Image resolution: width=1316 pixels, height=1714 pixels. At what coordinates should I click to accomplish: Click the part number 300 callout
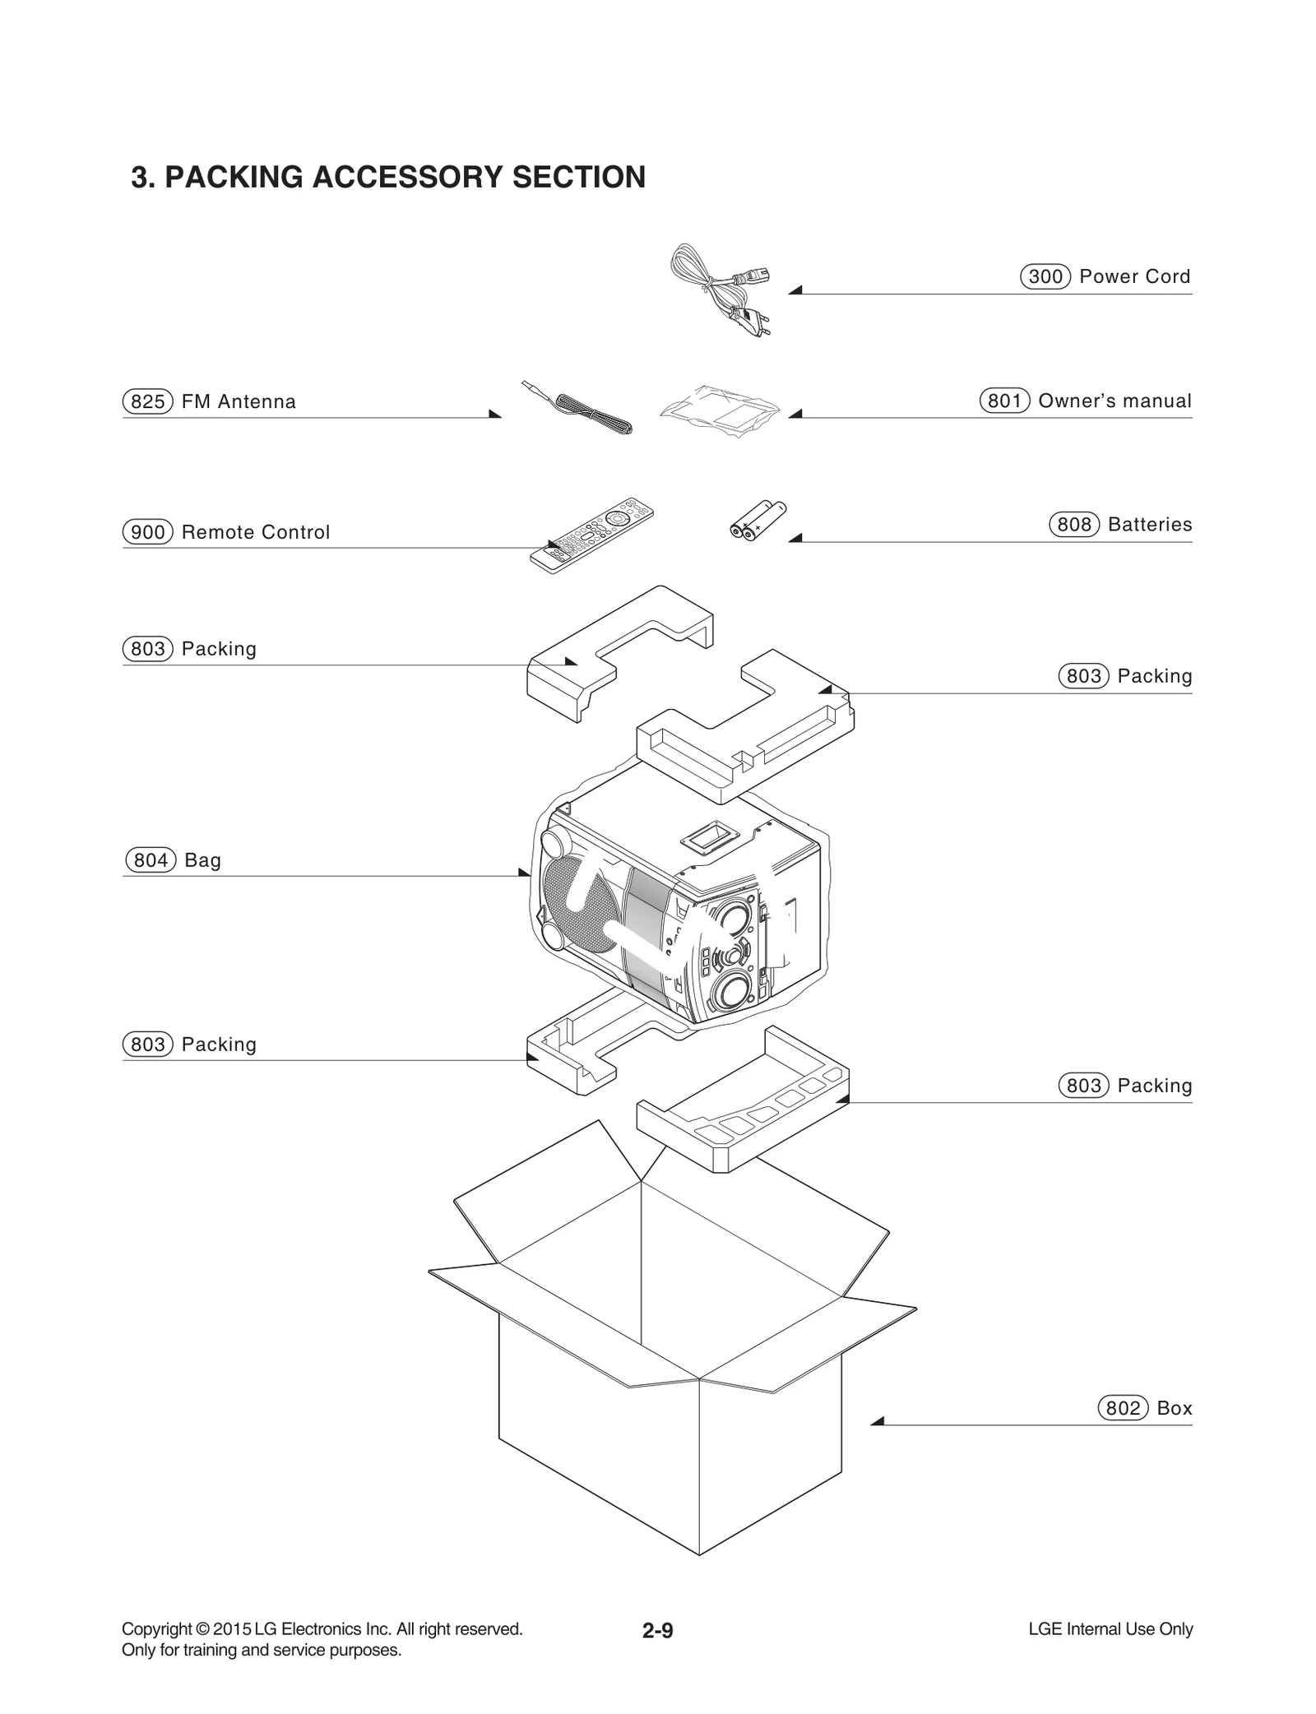1045,276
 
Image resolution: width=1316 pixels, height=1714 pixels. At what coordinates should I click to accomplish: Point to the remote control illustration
591,535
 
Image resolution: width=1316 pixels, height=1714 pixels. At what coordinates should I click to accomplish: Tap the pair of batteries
758,521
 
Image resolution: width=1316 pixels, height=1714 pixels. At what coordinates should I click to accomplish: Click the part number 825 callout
148,401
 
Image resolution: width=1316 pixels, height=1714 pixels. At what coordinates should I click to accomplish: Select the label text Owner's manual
1114,401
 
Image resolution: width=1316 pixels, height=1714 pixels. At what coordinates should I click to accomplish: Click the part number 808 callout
1073,525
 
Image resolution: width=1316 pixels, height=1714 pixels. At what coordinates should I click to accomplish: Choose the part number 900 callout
148,532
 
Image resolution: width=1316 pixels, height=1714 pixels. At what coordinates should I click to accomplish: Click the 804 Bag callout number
151,860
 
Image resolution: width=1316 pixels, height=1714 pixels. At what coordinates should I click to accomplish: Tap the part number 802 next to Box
1123,1408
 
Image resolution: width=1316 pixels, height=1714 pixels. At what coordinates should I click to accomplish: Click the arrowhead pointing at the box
877,1421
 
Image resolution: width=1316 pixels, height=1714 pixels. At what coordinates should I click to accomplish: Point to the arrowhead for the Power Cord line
795,290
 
